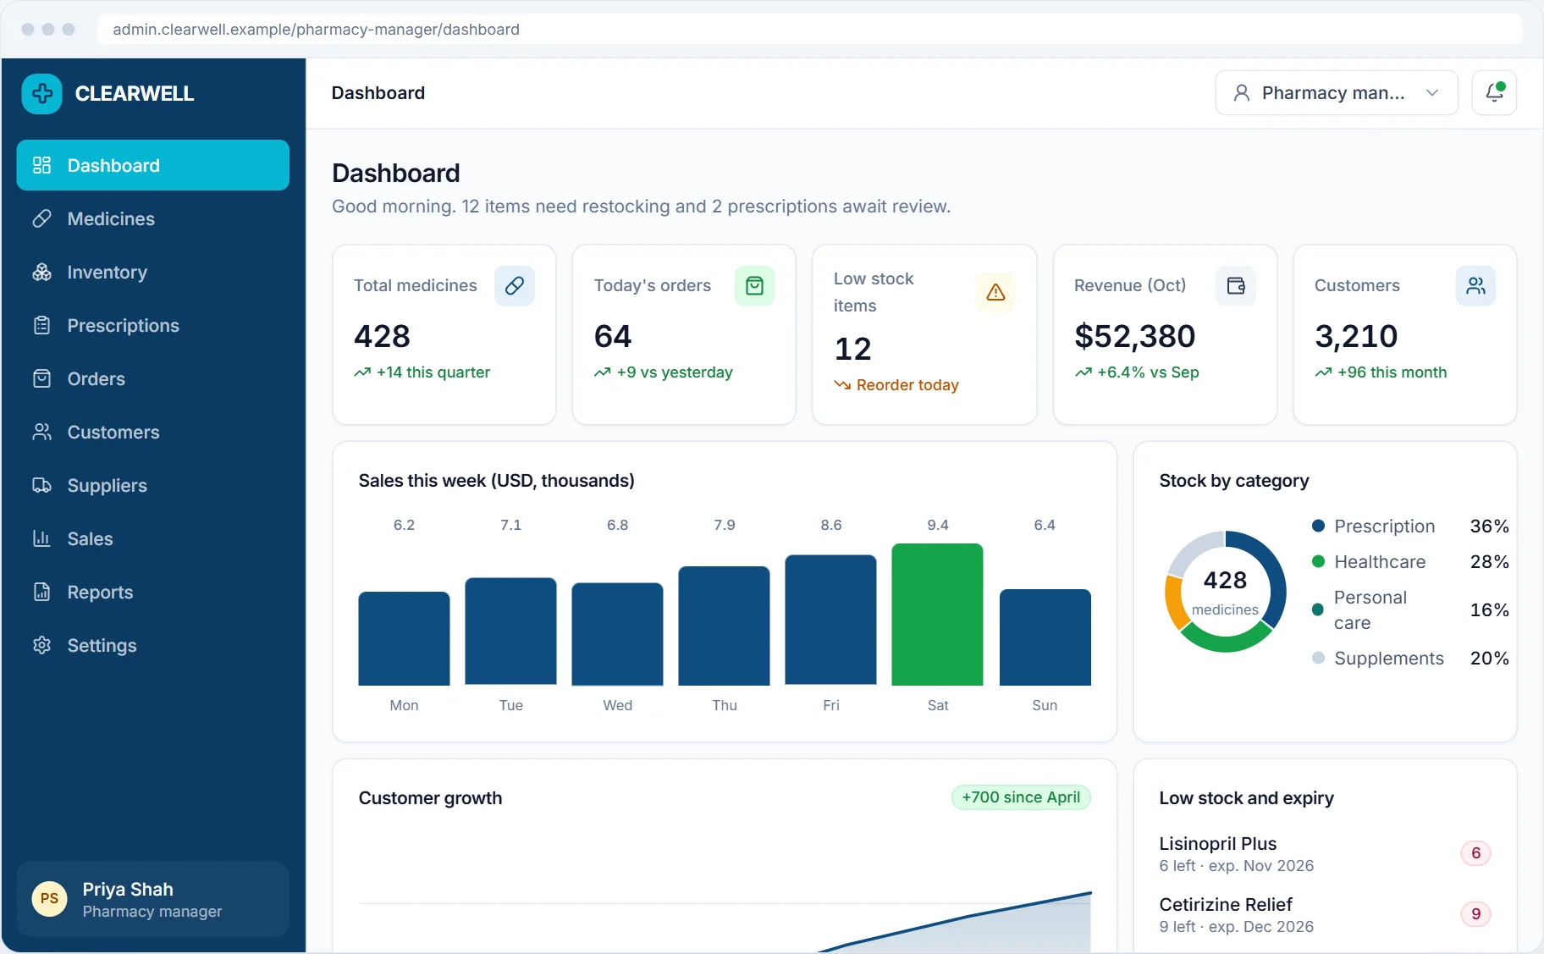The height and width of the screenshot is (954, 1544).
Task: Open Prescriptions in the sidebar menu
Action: click(x=123, y=326)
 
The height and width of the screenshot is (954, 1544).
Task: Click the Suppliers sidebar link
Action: click(x=107, y=486)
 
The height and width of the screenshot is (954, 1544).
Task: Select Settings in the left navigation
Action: click(x=102, y=646)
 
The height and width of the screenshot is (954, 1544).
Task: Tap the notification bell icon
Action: click(x=1494, y=93)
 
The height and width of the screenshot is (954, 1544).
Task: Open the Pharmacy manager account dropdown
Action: click(x=1337, y=93)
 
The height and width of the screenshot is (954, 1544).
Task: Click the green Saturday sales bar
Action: click(x=937, y=615)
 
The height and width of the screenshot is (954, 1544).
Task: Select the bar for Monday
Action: click(x=404, y=638)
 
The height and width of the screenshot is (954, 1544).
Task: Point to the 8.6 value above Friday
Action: click(x=831, y=525)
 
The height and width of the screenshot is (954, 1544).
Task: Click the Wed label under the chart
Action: click(x=618, y=705)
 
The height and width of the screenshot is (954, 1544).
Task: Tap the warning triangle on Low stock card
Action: click(x=995, y=292)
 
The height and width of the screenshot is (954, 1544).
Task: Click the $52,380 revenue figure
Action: click(x=1134, y=336)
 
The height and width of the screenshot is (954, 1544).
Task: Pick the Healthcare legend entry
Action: click(x=1369, y=562)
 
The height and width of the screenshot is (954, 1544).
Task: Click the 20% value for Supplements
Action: click(x=1490, y=659)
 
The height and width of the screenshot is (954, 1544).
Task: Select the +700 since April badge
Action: click(x=1021, y=797)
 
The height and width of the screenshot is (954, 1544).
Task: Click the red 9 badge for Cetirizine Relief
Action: click(x=1475, y=914)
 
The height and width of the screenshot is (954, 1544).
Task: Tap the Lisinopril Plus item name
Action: click(x=1217, y=844)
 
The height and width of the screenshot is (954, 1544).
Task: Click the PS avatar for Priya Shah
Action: click(x=49, y=899)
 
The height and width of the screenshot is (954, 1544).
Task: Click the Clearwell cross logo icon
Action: click(x=42, y=94)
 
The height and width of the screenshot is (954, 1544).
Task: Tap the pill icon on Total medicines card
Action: click(x=514, y=286)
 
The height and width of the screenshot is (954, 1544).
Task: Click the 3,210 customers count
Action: click(x=1356, y=336)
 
